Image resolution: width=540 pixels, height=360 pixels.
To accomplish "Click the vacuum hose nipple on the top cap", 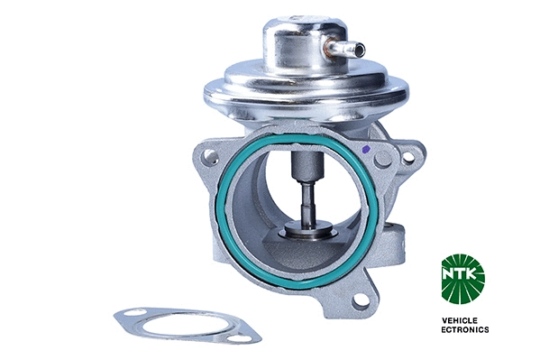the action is point(346,48).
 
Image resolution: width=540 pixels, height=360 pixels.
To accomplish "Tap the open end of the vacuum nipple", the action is point(361,50).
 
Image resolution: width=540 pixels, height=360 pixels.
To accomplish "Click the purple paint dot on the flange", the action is point(366,150).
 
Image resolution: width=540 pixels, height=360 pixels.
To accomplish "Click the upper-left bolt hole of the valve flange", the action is point(210,157).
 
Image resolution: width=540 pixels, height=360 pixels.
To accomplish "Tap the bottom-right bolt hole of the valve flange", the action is point(360,300).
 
